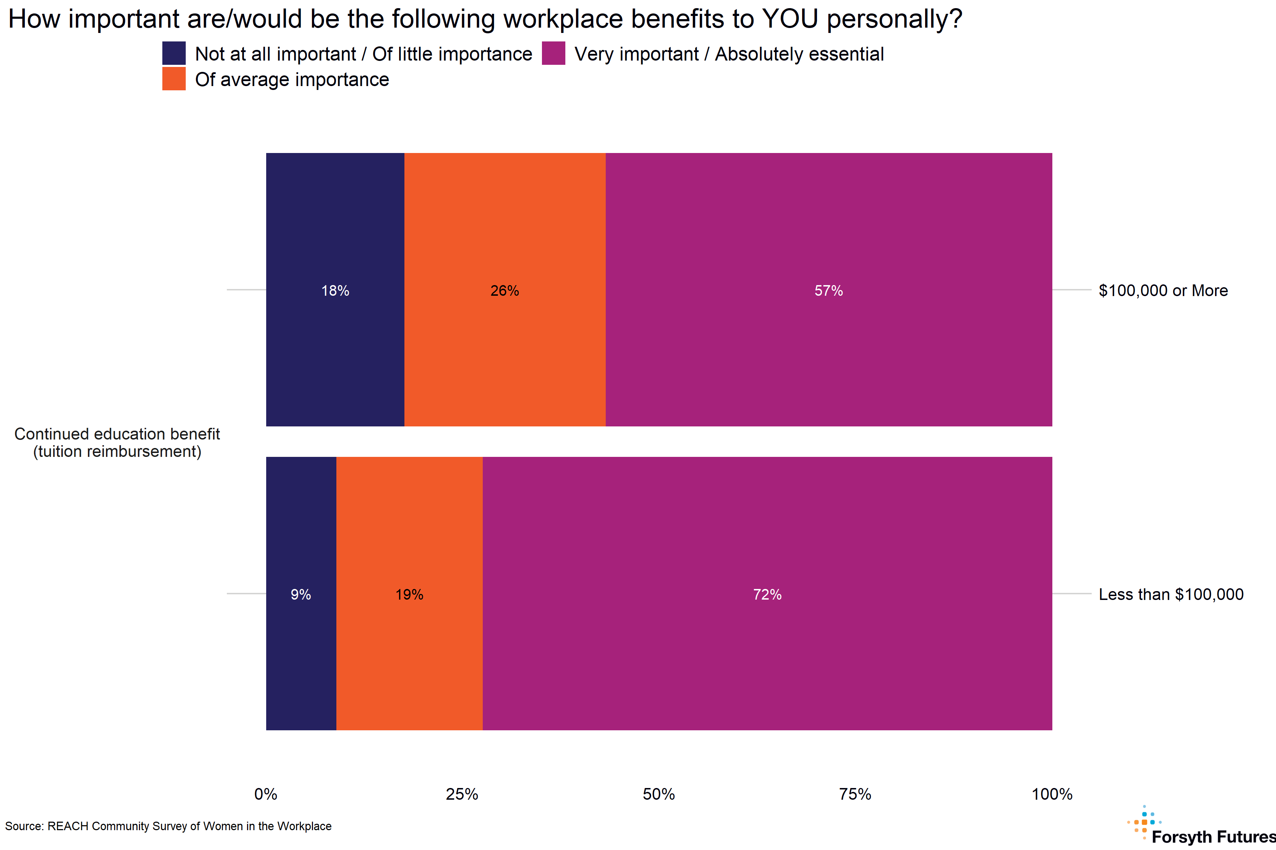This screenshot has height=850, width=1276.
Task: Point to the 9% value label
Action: pos(301,595)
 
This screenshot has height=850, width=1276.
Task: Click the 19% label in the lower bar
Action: pos(409,595)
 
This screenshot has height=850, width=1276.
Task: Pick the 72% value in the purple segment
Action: pos(767,595)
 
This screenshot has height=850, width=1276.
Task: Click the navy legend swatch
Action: pos(174,53)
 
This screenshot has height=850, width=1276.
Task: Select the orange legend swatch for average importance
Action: pos(174,79)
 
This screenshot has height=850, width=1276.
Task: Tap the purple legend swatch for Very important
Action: pos(553,53)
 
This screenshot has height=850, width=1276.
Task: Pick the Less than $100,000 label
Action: pos(1171,595)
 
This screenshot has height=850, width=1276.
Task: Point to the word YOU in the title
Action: pos(790,19)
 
